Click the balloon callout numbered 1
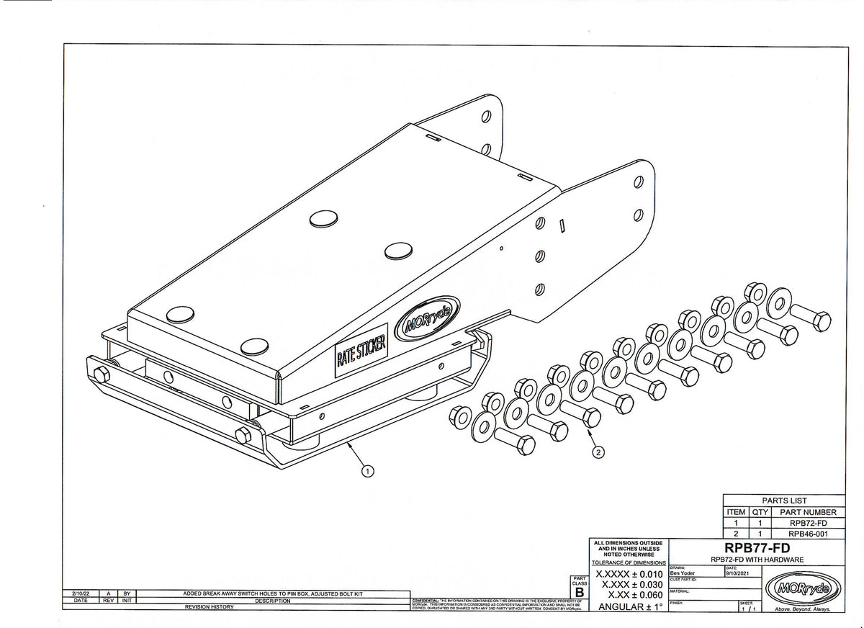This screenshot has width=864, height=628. (368, 472)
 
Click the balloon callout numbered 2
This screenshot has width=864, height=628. (598, 452)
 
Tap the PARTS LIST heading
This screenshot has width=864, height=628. (784, 501)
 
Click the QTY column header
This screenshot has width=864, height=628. (761, 512)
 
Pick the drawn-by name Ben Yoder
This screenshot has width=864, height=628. (683, 573)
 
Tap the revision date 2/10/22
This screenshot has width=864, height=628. (80, 594)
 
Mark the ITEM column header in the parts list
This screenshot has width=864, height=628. (736, 512)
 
